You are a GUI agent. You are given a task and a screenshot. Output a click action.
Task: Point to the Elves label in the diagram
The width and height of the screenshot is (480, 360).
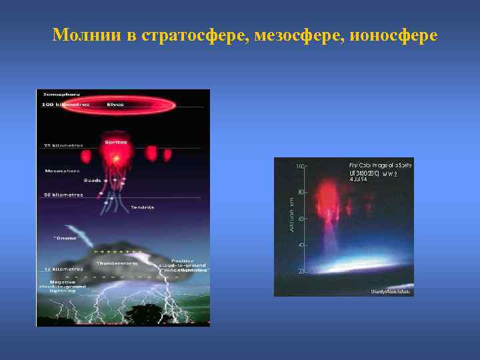click(115, 105)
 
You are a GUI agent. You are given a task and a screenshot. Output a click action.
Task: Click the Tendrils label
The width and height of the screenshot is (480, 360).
click(142, 207)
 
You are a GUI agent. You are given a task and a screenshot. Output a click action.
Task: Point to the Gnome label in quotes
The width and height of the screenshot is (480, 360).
click(66, 237)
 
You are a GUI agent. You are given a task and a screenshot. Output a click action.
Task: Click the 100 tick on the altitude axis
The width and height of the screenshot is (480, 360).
click(301, 165)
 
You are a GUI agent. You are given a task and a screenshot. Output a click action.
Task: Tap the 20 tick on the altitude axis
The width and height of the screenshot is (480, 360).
click(301, 272)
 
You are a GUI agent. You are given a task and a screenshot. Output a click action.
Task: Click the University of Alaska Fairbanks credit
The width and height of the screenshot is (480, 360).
click(391, 292)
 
